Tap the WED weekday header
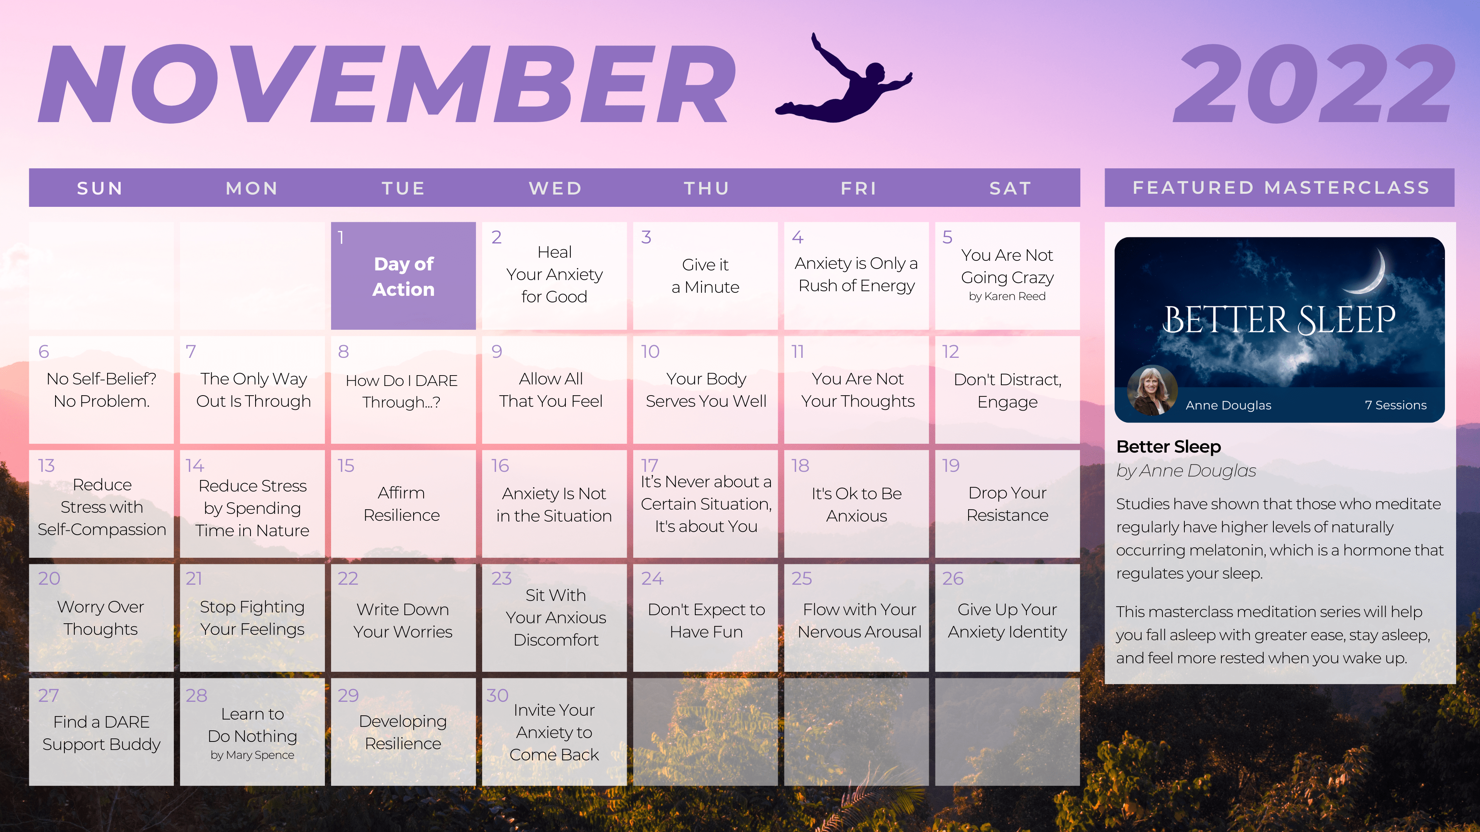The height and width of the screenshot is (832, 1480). click(x=555, y=188)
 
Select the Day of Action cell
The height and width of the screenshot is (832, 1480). click(x=403, y=276)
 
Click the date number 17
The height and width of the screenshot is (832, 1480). click(x=649, y=465)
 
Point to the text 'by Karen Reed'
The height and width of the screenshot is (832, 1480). click(x=1007, y=296)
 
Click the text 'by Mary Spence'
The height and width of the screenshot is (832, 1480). click(x=252, y=755)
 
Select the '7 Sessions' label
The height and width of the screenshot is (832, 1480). click(x=1396, y=405)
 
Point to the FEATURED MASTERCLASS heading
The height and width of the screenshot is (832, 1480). click(x=1281, y=188)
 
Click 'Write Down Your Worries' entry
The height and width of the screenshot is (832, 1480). click(x=403, y=620)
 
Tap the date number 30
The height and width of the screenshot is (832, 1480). click(x=498, y=695)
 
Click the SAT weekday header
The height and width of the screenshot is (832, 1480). click(x=1010, y=188)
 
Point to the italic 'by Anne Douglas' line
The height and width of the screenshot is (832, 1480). click(x=1186, y=471)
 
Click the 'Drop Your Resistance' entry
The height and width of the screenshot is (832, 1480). click(x=1007, y=503)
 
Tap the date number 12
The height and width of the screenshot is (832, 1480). click(x=950, y=351)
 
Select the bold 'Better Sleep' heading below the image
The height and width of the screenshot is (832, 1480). click(x=1169, y=446)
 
